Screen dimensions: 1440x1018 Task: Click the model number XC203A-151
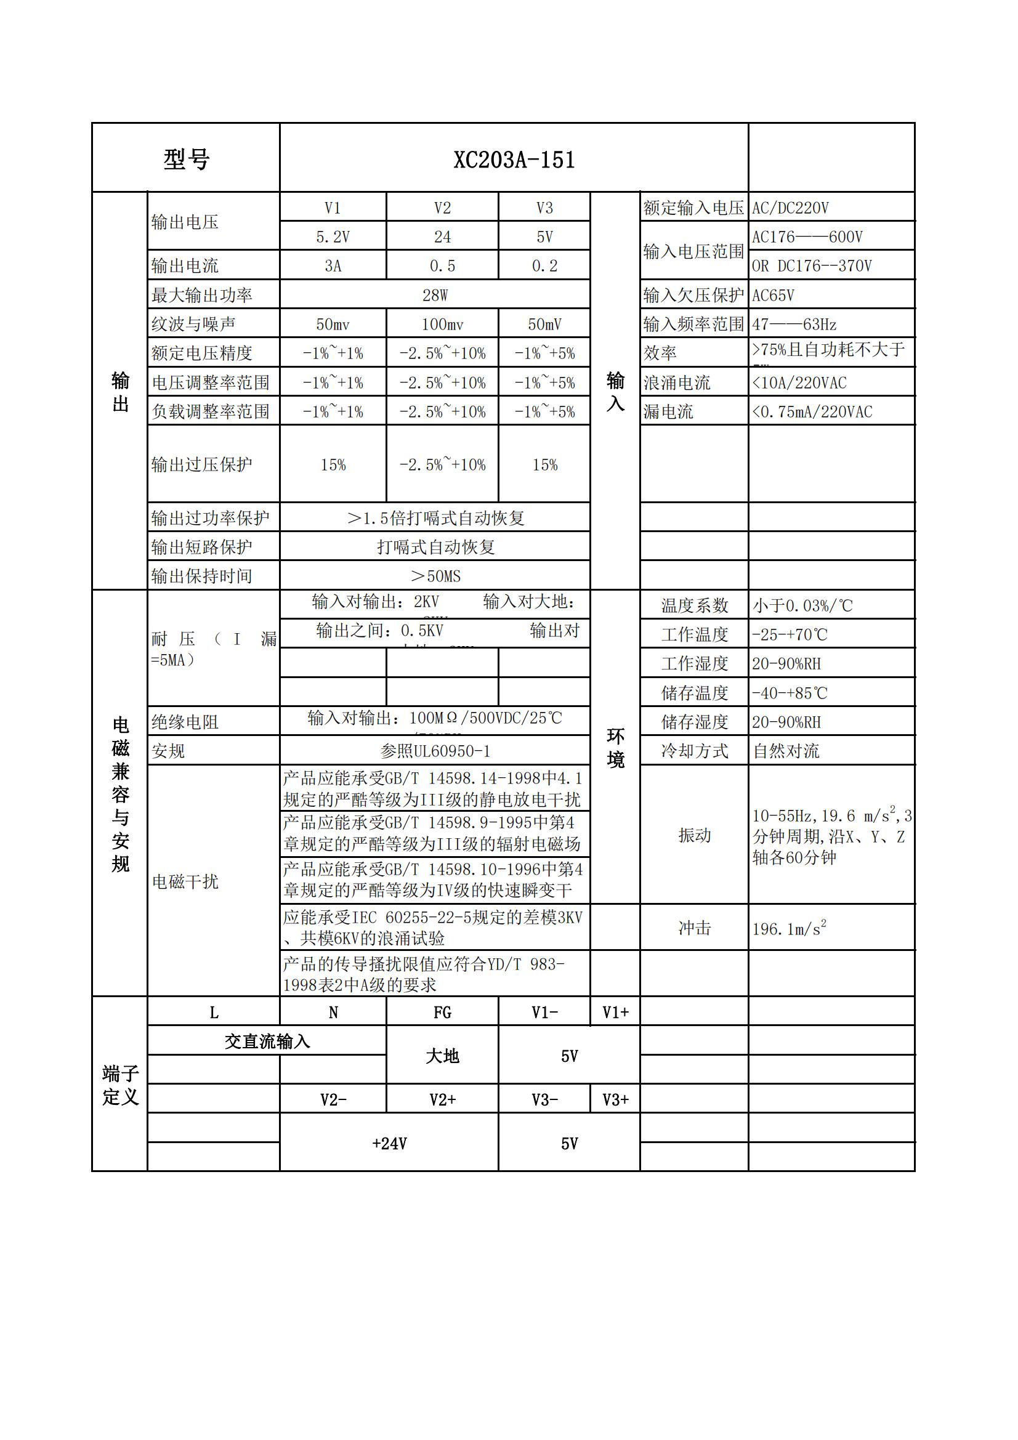[x=514, y=160]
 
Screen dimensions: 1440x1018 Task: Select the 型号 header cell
[x=186, y=160]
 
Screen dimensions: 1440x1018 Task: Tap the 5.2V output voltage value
[x=333, y=237]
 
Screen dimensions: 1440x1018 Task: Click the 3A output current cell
[x=333, y=266]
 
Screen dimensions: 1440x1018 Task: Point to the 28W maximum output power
[x=435, y=296]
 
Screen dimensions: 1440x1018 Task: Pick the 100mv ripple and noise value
[x=442, y=324]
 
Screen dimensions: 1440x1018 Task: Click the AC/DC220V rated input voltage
[x=790, y=208]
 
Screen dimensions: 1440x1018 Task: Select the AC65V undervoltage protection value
[x=774, y=296]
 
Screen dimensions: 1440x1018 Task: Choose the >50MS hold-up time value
[x=435, y=576]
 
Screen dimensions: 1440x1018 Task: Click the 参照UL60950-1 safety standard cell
[x=435, y=751]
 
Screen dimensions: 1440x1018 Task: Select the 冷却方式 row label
[x=694, y=751]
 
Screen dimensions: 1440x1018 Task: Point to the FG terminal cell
[x=442, y=1013]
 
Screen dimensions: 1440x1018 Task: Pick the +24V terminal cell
[x=389, y=1143]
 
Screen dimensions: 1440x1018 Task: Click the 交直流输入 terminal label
[x=267, y=1042]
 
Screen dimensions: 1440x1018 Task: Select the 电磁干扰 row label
[x=185, y=882]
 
